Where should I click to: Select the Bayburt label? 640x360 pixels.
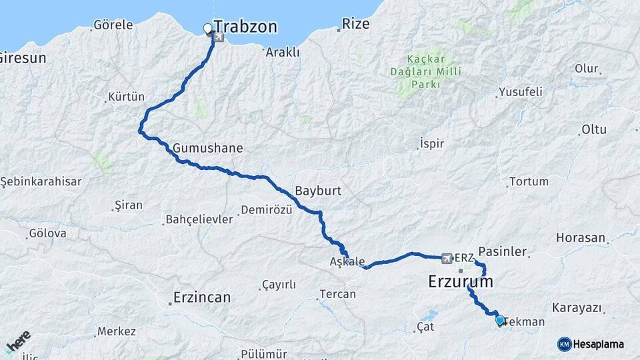(x=318, y=191)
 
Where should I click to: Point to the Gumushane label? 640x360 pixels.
(x=207, y=147)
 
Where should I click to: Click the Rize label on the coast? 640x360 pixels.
(x=355, y=25)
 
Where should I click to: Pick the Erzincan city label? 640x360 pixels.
(x=201, y=297)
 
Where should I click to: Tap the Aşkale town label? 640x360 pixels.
(x=347, y=261)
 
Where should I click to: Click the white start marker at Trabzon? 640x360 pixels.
(x=207, y=29)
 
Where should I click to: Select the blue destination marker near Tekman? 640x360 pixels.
(x=500, y=320)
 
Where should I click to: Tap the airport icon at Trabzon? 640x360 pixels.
(x=219, y=38)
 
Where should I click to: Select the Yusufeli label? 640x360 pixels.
(x=521, y=91)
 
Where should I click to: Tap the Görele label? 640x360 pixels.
(x=113, y=25)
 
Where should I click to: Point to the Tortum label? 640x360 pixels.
(x=529, y=181)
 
